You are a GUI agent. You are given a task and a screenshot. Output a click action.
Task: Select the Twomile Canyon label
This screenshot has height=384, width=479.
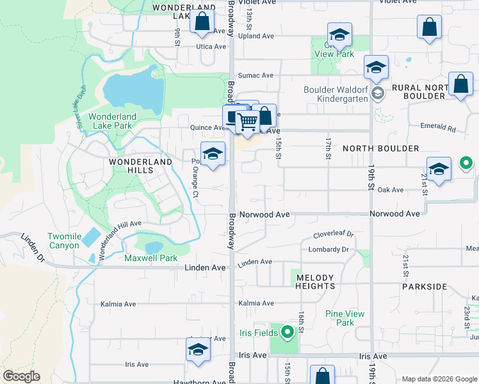pos(65,241)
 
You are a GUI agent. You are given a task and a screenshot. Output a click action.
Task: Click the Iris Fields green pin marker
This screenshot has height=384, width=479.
pos(288,332)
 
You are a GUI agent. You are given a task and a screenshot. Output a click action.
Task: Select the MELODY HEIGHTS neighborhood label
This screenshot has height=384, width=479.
pos(314,282)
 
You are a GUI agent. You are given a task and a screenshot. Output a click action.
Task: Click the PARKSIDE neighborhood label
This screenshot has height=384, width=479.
pos(425,286)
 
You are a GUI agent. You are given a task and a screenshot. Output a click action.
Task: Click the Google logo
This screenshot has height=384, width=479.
pos(21,376)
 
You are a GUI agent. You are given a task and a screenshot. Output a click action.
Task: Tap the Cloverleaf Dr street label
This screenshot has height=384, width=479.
pos(333,235)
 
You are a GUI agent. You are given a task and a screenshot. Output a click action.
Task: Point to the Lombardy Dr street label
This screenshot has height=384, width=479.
pos(329,249)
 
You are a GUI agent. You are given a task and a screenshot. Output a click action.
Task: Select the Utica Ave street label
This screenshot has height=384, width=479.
pos(211,47)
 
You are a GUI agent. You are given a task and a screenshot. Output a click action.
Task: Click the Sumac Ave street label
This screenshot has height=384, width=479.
pos(251,75)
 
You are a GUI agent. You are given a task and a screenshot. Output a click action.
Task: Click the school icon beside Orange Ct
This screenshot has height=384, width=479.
pos(213,154)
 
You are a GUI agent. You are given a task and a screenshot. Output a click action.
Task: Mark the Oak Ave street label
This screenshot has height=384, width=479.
pos(391,189)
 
